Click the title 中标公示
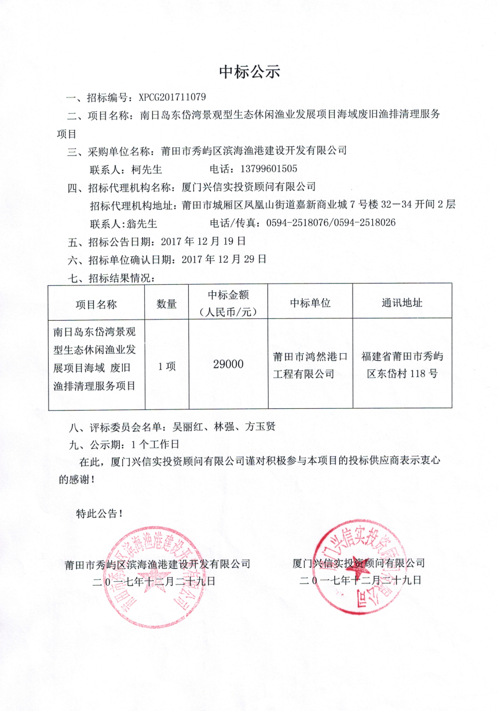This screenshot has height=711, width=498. coord(249,72)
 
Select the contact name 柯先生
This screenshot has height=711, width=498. coord(147,169)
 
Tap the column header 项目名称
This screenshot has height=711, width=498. coord(96,303)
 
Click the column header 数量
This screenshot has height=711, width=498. coord(167,303)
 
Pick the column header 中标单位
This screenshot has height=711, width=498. coord(310,303)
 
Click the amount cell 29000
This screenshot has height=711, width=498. coord(228,364)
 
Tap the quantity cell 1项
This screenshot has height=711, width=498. coord(167,366)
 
